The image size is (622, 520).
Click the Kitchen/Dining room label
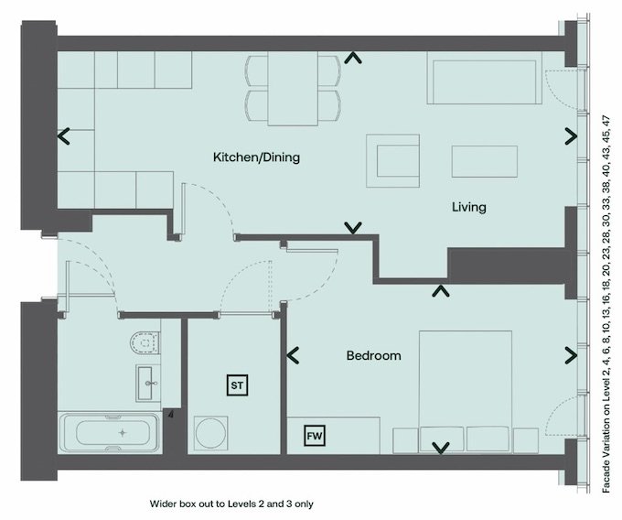pos(256,157)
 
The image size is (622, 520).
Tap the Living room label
pos(469,207)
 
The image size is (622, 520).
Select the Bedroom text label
pos(374,355)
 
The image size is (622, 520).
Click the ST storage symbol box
pos(237,385)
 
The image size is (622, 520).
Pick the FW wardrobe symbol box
pos(315,436)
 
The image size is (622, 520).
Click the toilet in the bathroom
pos(145,342)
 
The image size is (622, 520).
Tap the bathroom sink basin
pos(149,383)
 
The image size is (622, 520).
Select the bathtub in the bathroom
pos(110,433)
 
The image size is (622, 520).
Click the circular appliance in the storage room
pos(210,432)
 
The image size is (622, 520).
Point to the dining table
pos(293,89)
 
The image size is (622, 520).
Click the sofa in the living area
pos(485,78)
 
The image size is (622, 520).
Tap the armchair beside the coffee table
pos(392,160)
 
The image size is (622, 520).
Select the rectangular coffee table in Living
pos(485,161)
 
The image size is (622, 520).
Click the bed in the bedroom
pos(466,391)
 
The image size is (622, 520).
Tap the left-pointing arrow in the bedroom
pos(293,355)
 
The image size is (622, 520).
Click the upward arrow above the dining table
pos(353,59)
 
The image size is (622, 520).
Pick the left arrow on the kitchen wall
pos(63,136)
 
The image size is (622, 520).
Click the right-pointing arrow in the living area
pos(571,136)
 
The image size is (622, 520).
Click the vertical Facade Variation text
pos(606,304)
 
